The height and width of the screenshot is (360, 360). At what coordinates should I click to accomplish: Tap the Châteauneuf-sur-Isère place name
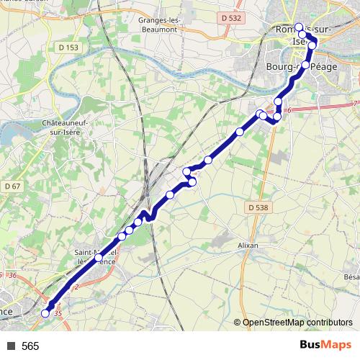click(65, 128)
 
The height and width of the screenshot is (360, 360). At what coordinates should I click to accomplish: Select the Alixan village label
click(248, 245)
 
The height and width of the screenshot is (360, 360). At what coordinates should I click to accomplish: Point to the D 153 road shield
click(66, 48)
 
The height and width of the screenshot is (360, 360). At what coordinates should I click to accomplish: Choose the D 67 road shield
click(10, 186)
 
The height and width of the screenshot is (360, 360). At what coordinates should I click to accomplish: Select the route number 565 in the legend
click(30, 346)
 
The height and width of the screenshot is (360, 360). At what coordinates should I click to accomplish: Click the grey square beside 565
click(11, 346)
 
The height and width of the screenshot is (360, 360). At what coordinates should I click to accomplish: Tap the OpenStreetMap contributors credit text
click(297, 323)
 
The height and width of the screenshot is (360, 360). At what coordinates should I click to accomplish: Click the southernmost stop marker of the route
click(45, 313)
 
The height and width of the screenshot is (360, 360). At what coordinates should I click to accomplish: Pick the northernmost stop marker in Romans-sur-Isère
click(299, 27)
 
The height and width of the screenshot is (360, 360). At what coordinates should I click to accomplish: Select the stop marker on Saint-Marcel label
click(98, 257)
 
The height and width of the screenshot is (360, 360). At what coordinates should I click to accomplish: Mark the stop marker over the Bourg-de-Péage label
click(305, 66)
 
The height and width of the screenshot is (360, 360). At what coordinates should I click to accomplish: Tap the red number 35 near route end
click(58, 312)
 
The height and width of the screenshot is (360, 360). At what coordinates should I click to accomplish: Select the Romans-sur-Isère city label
click(296, 35)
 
